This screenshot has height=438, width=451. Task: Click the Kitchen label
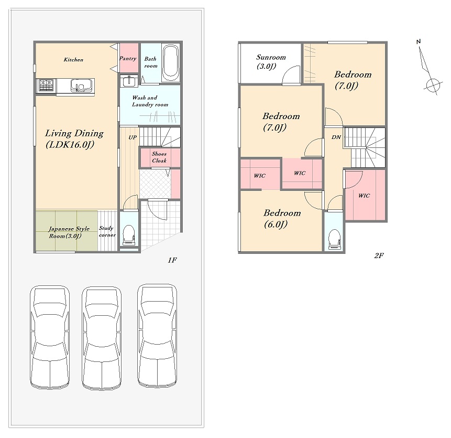coord(73,60)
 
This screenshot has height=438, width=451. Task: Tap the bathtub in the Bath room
coord(171,63)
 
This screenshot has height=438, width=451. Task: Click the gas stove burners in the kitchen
coord(47,85)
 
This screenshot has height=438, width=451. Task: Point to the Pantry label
coord(128,58)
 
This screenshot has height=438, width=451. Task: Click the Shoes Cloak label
coord(159,157)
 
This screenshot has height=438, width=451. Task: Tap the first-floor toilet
coord(128,235)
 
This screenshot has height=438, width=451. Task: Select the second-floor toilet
coord(334,239)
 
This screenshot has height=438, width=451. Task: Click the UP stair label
coord(133,137)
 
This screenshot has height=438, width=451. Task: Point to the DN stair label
coord(336,137)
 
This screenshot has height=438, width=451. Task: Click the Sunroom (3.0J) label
coord(271,61)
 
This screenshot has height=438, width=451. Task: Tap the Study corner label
coord(107,231)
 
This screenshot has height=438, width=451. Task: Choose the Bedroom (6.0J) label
coord(282,218)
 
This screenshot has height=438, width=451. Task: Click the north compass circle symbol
coord(433,85)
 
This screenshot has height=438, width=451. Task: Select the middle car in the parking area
coord(102,338)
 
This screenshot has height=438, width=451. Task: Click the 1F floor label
coord(172,260)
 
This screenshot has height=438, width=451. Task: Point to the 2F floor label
coord(379,255)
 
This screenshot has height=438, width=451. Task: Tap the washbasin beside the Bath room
coord(129,81)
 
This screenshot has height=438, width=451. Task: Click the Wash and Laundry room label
coord(150,101)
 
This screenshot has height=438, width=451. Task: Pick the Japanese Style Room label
coord(69,232)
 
